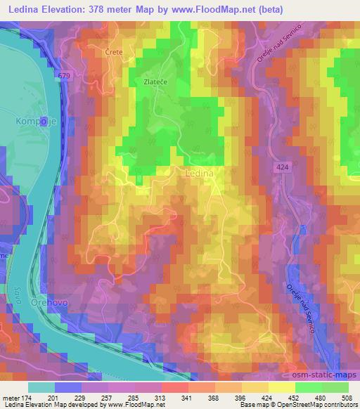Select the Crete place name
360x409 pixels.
(x=114, y=52)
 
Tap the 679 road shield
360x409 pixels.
(x=65, y=75)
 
